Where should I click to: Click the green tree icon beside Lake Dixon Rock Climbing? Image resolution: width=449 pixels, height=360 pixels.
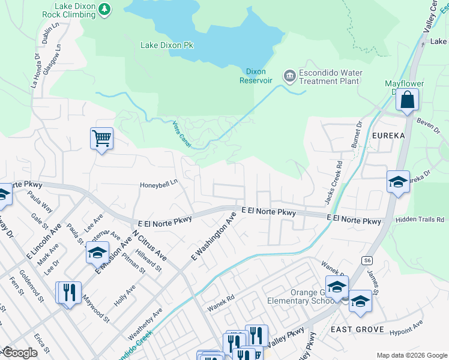tap(105, 9)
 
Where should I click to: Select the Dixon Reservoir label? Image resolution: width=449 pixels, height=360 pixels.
tap(256, 76)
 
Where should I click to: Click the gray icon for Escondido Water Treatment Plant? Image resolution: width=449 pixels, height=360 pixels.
tap(290, 76)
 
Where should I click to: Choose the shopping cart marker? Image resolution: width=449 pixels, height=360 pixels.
tap(101, 139)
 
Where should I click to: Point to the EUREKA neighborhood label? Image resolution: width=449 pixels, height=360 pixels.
tap(388, 136)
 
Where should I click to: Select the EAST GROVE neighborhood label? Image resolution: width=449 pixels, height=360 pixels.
tap(357, 330)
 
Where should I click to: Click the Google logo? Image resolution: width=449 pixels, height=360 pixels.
tap(19, 353)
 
